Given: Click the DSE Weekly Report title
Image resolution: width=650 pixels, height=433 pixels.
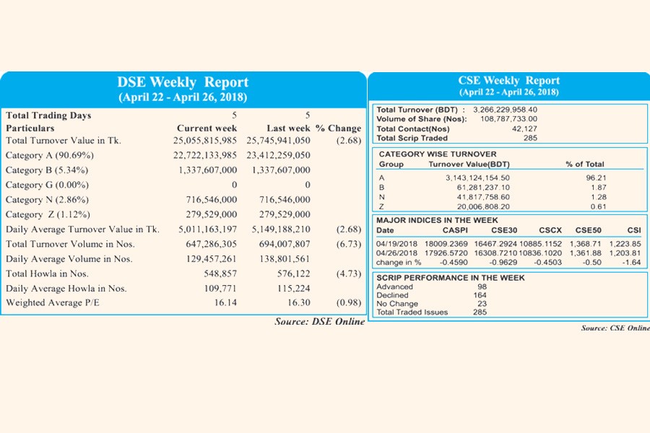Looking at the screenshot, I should [x=183, y=82].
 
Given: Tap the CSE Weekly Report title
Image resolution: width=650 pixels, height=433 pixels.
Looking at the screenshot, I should [x=508, y=80].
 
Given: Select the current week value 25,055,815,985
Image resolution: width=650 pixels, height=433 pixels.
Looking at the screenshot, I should [x=200, y=140].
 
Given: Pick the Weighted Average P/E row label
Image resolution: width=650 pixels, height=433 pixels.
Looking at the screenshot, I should [x=52, y=302].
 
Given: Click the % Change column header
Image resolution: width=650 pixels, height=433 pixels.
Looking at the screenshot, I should [x=338, y=128].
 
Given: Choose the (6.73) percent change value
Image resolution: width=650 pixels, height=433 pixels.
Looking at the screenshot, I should [x=349, y=244].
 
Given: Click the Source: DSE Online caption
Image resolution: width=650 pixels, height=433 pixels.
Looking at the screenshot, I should [x=319, y=321].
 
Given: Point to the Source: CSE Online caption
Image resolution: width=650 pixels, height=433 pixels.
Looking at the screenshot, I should [x=615, y=328].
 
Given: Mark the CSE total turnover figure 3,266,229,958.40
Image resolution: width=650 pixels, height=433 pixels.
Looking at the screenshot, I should [x=505, y=110].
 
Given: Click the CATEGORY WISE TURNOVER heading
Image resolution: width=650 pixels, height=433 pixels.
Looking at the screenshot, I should [x=438, y=154].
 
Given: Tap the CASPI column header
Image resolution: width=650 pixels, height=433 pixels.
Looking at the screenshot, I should [x=456, y=230].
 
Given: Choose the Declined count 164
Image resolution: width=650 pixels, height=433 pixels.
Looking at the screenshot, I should [x=480, y=295].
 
